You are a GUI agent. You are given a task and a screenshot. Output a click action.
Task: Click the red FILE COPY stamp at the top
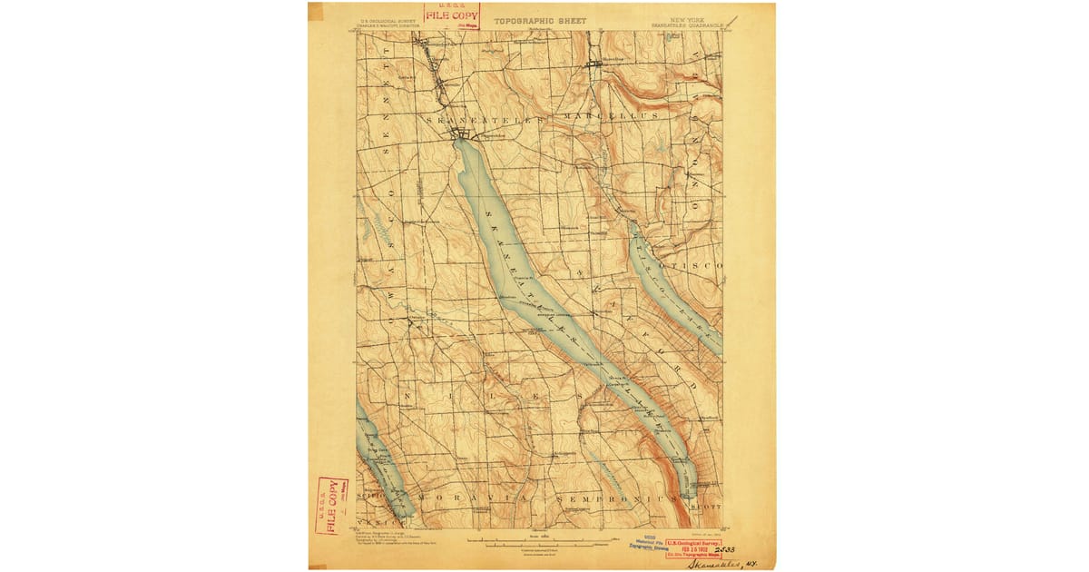(452, 15)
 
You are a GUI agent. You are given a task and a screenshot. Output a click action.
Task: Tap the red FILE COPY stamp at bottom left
(331, 505)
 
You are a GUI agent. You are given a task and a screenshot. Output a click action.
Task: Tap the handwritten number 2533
(725, 548)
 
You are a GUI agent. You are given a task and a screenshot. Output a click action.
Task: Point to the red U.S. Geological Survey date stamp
(693, 547)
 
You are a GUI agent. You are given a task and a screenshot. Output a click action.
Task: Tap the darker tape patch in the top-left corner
(316, 12)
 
